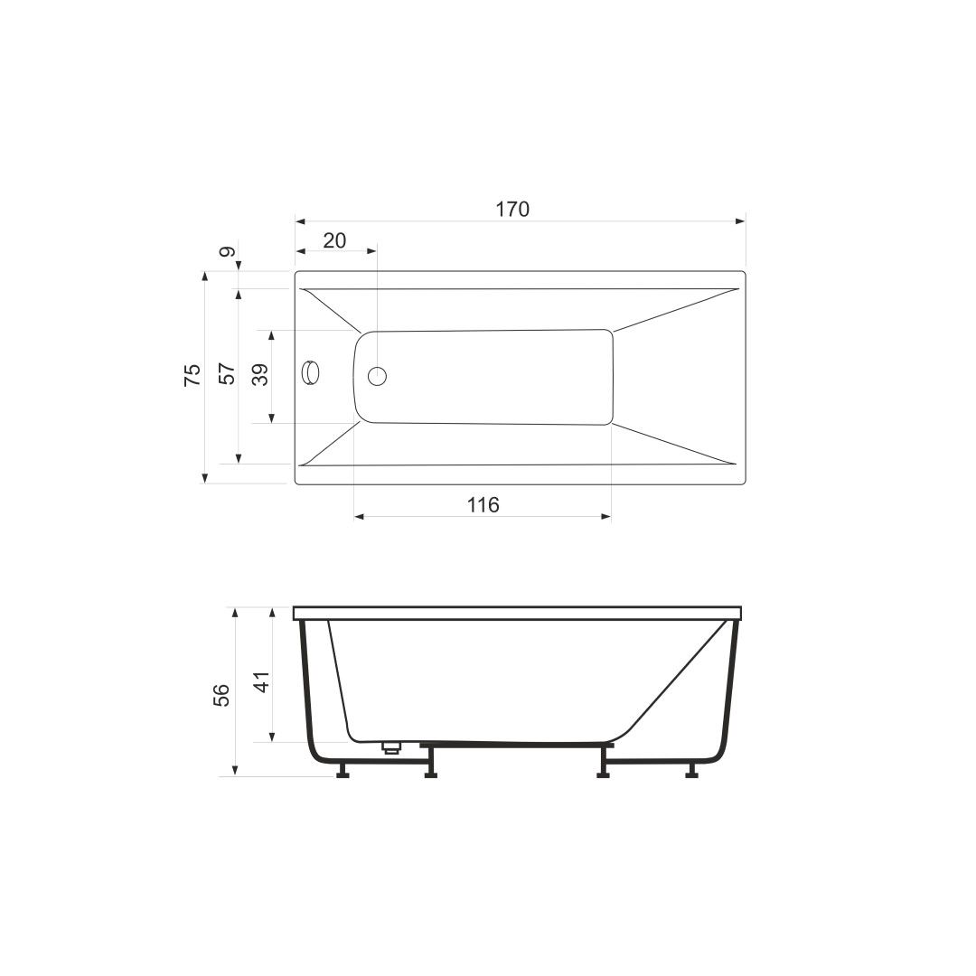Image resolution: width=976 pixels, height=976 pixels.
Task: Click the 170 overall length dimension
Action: tap(511, 210)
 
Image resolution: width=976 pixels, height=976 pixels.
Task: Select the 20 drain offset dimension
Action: tap(334, 240)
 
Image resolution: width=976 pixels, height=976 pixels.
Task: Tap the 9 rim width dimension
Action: tap(227, 253)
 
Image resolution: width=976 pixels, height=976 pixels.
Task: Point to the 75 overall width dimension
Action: tap(192, 376)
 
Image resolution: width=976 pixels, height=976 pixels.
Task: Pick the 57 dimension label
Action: tap(227, 374)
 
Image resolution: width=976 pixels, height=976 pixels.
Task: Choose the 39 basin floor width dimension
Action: tap(260, 375)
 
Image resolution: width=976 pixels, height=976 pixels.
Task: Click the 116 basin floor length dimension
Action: tap(483, 505)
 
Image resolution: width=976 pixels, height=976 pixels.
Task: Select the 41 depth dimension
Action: tap(261, 680)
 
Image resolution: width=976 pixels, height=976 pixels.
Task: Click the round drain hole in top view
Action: tap(377, 375)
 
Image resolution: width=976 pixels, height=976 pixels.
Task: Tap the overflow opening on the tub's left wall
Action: tap(311, 373)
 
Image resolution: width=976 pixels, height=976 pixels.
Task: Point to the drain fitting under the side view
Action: tap(391, 746)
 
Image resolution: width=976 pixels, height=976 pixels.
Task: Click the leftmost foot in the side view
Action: tap(343, 770)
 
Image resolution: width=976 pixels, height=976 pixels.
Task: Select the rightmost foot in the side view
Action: tap(692, 770)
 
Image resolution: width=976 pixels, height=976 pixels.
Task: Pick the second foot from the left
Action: tap(431, 770)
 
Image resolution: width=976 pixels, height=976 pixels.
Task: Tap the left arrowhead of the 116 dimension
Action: tap(359, 517)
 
